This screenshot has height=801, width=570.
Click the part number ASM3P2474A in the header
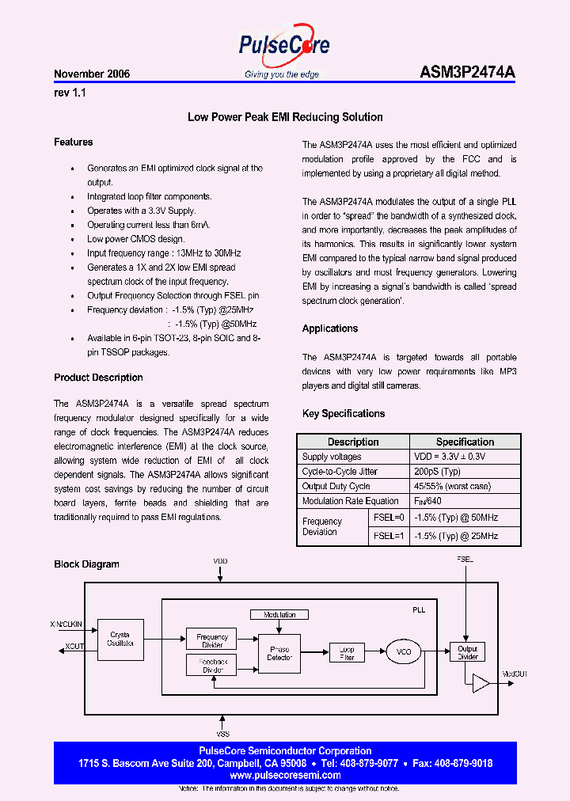click(x=466, y=73)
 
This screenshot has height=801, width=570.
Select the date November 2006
click(x=92, y=74)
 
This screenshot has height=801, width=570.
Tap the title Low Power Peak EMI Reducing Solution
click(x=285, y=117)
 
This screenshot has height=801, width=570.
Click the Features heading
click(x=74, y=142)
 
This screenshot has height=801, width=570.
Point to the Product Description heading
click(x=98, y=378)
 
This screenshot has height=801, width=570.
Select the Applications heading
click(x=330, y=328)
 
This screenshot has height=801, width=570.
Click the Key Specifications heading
click(x=344, y=413)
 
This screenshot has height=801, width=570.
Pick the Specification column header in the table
click(x=465, y=442)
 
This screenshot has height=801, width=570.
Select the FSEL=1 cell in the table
click(x=389, y=536)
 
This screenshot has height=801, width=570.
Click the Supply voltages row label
click(x=332, y=457)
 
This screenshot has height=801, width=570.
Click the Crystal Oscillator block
click(x=118, y=640)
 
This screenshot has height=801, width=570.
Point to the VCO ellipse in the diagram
click(x=404, y=652)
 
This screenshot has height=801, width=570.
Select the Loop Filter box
click(x=347, y=652)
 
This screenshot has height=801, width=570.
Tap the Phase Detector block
click(x=279, y=653)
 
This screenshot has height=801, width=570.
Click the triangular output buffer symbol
click(x=480, y=683)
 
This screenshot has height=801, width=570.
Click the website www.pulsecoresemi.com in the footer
click(x=284, y=776)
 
